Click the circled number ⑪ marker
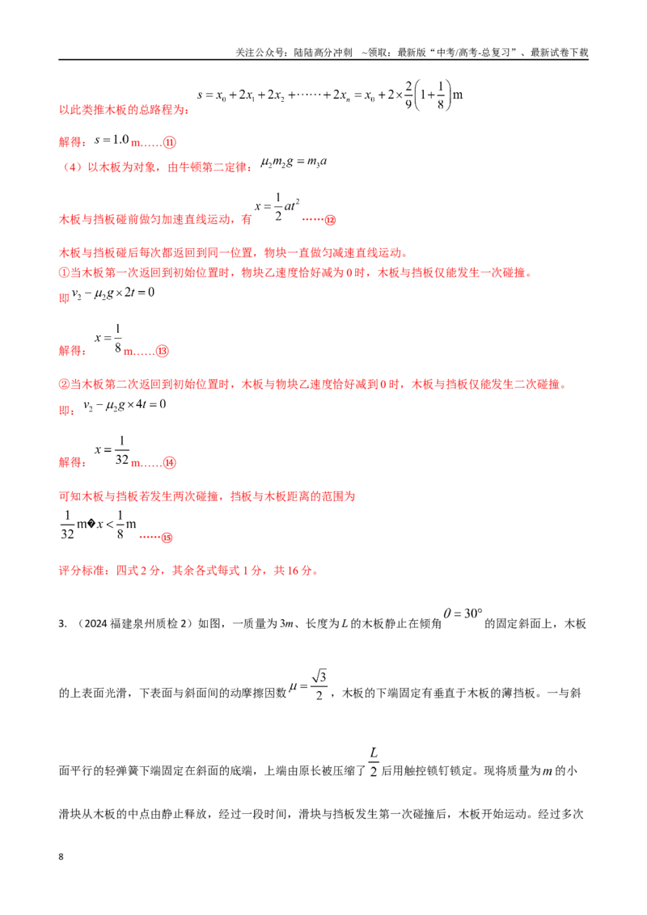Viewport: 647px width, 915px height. click(x=169, y=142)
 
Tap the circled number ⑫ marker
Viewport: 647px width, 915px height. click(x=331, y=220)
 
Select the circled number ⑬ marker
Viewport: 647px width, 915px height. click(x=163, y=352)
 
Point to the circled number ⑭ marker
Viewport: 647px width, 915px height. click(x=169, y=462)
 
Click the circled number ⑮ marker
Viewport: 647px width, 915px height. click(x=167, y=538)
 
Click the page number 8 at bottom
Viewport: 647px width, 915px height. click(x=61, y=857)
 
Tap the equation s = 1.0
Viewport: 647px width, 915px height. click(x=112, y=140)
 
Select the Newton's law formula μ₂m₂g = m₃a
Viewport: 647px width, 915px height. click(x=294, y=162)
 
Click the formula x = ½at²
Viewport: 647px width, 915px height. click(x=277, y=207)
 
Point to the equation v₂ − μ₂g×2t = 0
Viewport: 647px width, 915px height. click(x=112, y=293)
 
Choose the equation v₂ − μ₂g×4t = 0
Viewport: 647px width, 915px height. click(x=125, y=405)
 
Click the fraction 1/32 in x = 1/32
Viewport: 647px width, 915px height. click(x=122, y=450)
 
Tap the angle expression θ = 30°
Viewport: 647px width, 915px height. click(x=463, y=614)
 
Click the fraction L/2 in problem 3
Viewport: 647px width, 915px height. click(x=374, y=762)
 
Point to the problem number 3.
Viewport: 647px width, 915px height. click(x=62, y=624)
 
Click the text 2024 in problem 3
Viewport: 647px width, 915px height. click(x=95, y=624)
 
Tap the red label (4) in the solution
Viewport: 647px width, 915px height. click(x=72, y=167)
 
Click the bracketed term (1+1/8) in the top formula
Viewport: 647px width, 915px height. click(x=432, y=95)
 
